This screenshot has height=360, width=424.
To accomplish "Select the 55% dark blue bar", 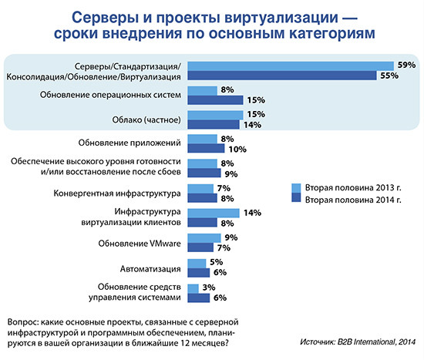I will (x=283, y=76).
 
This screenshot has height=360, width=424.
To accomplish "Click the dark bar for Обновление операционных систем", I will (x=216, y=99).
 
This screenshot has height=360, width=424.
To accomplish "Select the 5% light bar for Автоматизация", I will (x=198, y=262).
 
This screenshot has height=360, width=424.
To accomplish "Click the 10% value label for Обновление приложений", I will (x=237, y=148).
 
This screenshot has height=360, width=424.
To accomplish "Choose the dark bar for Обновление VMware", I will (x=200, y=247).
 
